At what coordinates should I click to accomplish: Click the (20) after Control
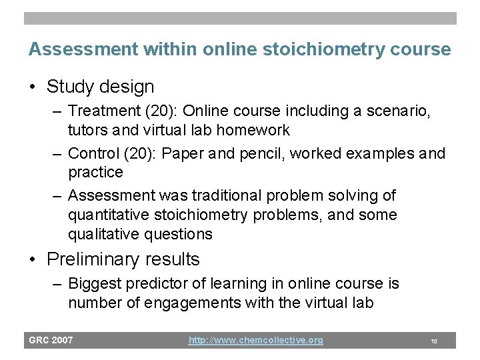coord(140,153)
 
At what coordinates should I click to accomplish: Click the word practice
coord(95,172)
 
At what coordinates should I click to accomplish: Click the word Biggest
coord(96,283)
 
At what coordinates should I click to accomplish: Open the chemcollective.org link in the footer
coord(255,340)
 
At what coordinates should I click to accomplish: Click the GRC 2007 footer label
coord(51,340)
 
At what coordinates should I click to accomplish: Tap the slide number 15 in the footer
coord(434,341)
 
